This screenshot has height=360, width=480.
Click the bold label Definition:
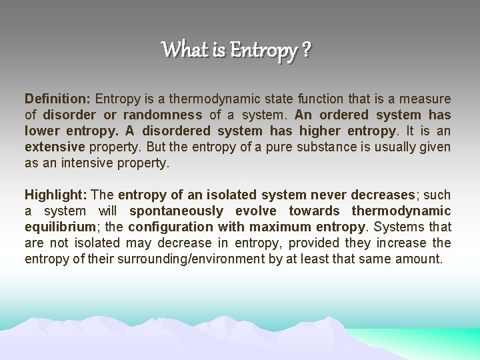pos(58,99)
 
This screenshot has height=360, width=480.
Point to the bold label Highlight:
pos(56,195)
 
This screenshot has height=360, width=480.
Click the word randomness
pos(163,115)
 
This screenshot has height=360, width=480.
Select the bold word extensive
pos(55,147)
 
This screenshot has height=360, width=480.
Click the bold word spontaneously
pos(176,211)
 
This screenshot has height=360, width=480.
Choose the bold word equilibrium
pos(60,227)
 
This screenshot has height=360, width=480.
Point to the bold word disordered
pos(175,131)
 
